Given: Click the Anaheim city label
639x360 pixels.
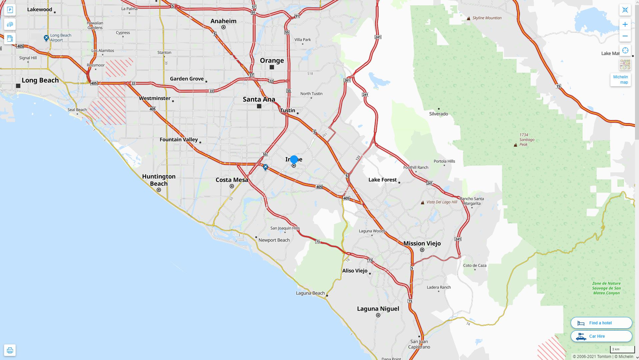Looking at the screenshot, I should [x=223, y=21].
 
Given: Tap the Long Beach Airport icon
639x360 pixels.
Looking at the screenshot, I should [x=46, y=38].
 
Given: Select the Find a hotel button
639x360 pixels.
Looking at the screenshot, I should [x=601, y=323].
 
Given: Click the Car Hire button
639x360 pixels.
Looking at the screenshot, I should [x=601, y=336].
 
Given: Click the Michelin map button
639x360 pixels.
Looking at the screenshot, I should [x=620, y=80].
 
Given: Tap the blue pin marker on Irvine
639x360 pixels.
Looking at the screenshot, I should [x=294, y=160].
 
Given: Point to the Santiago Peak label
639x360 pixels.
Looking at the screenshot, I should [x=527, y=140].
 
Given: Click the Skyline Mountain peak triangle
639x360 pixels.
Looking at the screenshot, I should [x=468, y=18].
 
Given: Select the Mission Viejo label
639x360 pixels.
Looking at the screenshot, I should [x=422, y=243].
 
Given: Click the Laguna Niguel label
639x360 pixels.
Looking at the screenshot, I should [x=378, y=309].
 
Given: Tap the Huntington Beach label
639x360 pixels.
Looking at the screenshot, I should [x=159, y=180].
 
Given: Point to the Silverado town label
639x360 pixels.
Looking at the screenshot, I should [x=439, y=114].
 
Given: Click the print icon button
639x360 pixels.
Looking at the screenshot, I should [x=10, y=350].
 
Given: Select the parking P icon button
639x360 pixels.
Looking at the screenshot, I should [x=10, y=10].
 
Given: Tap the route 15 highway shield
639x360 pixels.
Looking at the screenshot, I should [x=558, y=86].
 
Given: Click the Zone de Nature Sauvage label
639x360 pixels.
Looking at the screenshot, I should [x=606, y=288].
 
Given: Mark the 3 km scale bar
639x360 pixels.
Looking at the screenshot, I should [x=622, y=349].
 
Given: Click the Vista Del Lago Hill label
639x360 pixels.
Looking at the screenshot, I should [x=442, y=202].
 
